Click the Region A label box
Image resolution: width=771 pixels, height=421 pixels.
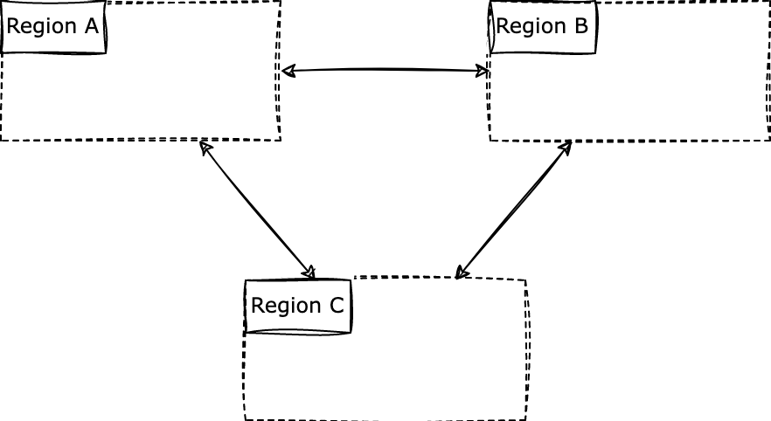click(53, 27)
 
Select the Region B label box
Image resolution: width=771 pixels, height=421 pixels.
click(543, 27)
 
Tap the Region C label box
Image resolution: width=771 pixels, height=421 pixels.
click(298, 307)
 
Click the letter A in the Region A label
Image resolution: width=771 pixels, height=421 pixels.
click(90, 26)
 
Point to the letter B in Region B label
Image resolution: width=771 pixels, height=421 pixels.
click(580, 26)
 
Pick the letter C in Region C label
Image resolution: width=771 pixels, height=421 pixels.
click(336, 306)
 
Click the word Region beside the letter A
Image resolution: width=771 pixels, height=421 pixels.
click(41, 27)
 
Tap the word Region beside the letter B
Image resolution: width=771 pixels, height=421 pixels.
click(531, 27)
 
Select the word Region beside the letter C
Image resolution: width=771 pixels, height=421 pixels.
click(286, 307)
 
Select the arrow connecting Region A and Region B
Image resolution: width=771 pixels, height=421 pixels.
click(385, 70)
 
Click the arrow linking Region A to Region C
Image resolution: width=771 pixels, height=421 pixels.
click(257, 210)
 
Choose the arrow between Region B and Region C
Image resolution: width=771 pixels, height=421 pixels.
click(514, 210)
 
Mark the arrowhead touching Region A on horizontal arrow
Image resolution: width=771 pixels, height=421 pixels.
click(286, 71)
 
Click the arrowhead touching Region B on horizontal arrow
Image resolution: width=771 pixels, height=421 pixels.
click(484, 71)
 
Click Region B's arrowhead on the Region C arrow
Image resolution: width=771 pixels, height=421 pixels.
click(567, 146)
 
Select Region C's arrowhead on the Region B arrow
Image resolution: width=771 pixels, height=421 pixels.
click(461, 274)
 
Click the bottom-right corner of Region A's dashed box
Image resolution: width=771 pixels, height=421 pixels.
click(280, 140)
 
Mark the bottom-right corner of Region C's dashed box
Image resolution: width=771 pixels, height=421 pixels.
click(525, 419)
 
